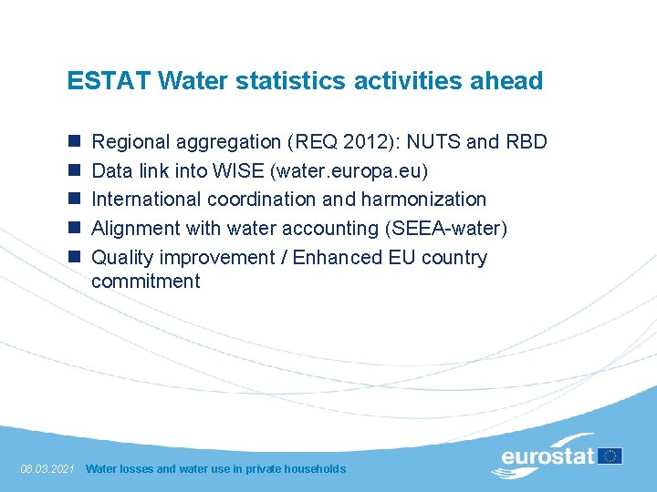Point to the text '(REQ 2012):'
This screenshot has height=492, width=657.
tap(344, 142)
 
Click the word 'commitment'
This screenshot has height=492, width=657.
tap(145, 282)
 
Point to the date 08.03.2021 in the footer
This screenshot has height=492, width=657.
tap(47, 469)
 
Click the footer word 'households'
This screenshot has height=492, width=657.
tap(315, 469)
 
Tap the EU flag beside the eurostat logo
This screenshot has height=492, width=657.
tap(610, 456)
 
